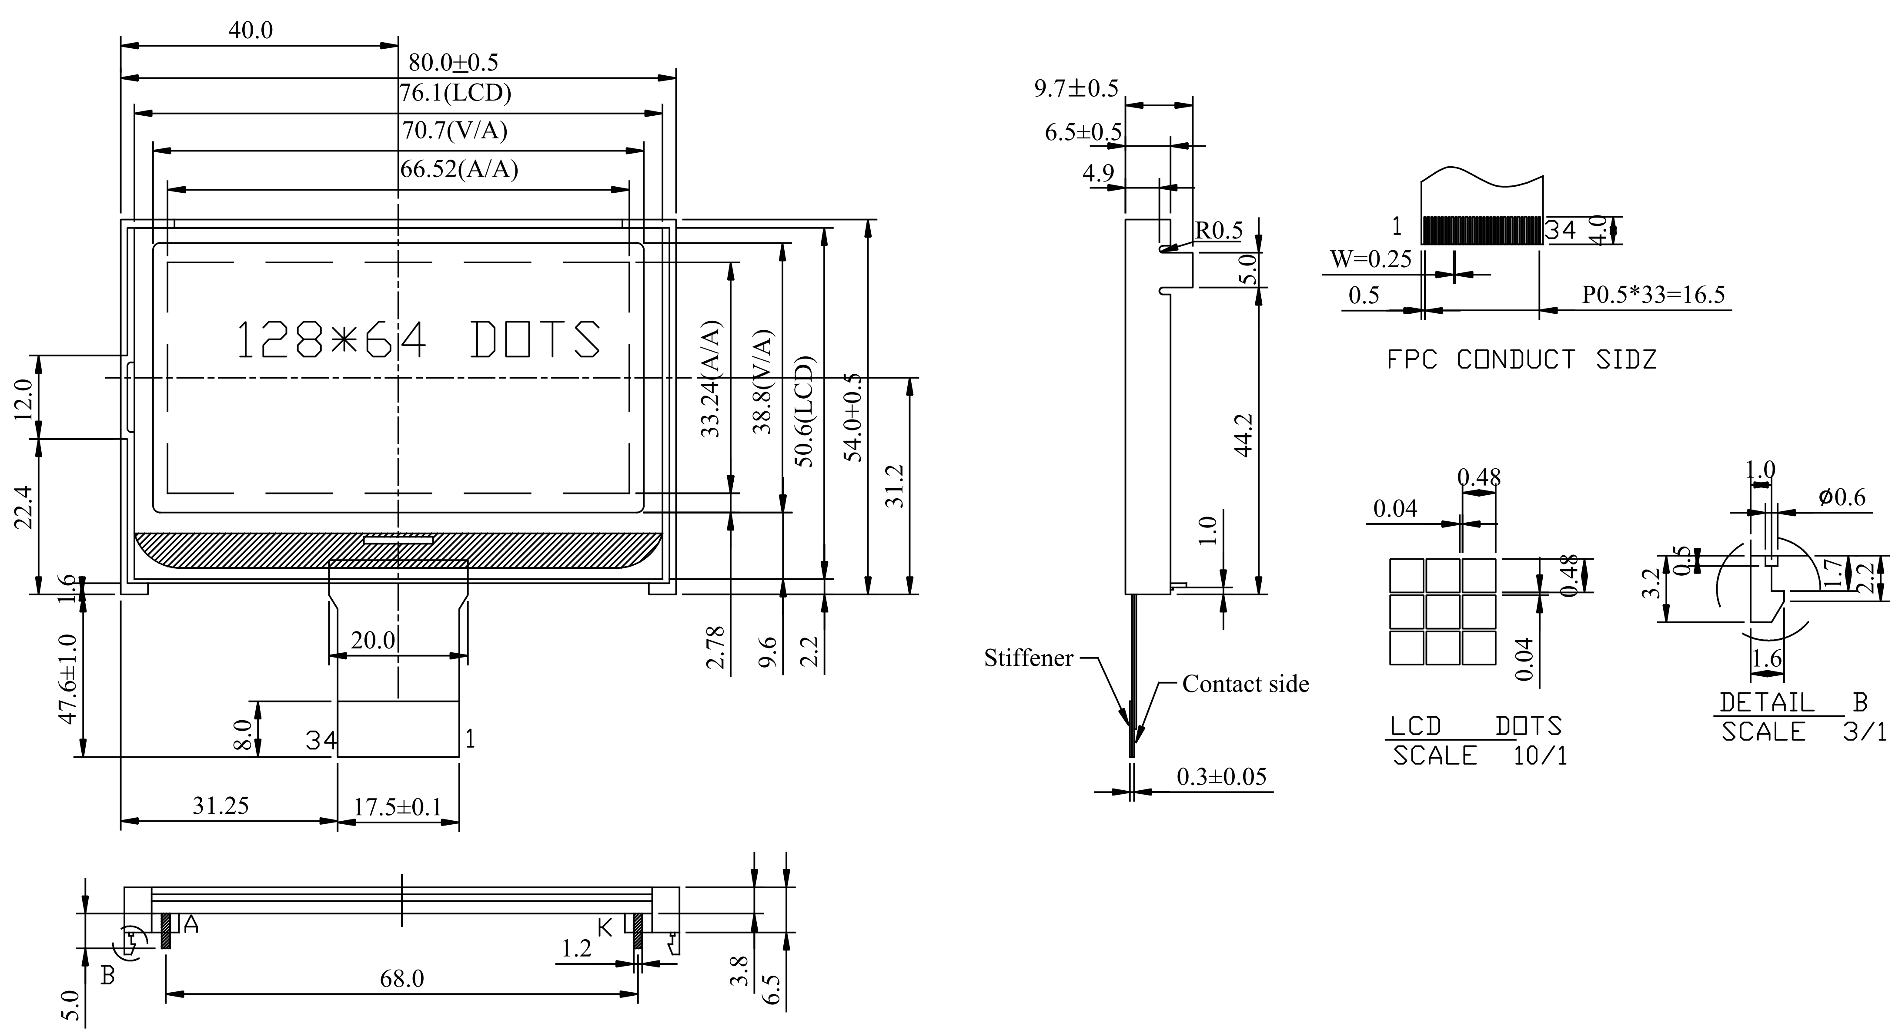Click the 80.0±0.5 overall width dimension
click(x=453, y=63)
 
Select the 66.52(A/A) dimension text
click(x=459, y=169)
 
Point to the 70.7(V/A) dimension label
click(x=454, y=131)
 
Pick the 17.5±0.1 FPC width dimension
click(x=397, y=806)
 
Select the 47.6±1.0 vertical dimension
click(x=67, y=679)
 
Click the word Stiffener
click(x=1029, y=658)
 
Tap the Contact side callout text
click(x=1246, y=684)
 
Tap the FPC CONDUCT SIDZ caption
click(x=1521, y=360)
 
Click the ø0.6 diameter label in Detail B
click(x=1842, y=497)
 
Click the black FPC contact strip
click(x=1482, y=230)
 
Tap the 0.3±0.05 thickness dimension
click(x=1221, y=776)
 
